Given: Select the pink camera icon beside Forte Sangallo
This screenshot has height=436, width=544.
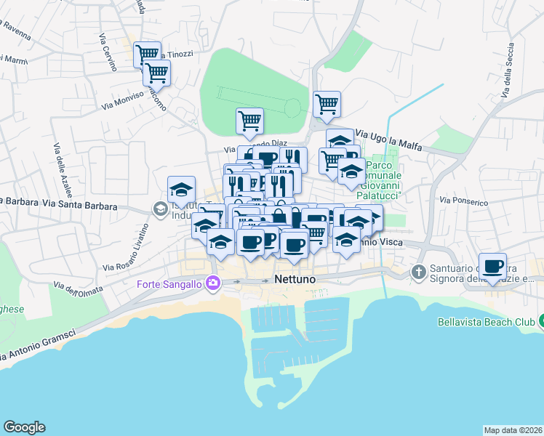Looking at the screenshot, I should coord(212,283).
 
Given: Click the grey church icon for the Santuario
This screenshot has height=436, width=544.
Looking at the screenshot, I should coord(418,272).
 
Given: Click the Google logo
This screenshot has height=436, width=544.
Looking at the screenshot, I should coord(24,427).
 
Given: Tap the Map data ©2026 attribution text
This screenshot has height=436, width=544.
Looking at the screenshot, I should coord(513,430).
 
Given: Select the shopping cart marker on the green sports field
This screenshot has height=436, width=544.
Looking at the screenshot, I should coord(249,120).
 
